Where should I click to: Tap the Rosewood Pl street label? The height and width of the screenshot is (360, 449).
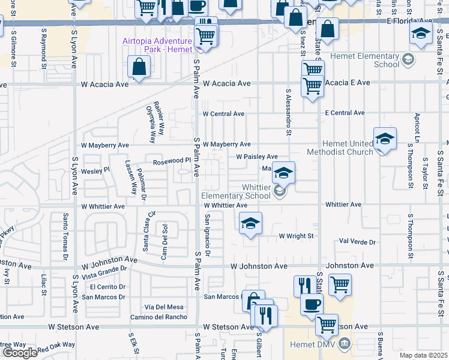(x=171, y=160)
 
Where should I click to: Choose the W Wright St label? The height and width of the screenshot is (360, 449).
(x=296, y=236)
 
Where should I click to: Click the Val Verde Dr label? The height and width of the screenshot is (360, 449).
(x=357, y=242)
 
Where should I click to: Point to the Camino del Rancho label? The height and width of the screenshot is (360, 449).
(x=158, y=317)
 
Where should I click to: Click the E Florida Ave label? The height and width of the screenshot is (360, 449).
(x=410, y=20)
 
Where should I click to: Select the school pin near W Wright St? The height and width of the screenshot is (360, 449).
(x=250, y=224)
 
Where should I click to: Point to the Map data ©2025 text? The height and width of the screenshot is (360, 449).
(x=424, y=355)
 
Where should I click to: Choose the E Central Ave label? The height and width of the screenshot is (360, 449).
(x=345, y=113)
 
